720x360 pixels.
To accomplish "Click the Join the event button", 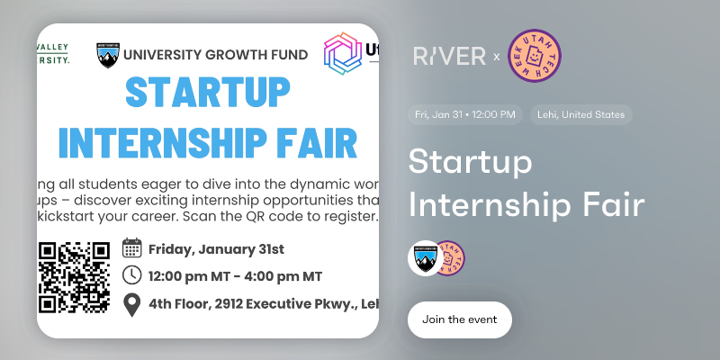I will [x=459, y=319].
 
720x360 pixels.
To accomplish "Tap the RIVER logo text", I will [x=449, y=56].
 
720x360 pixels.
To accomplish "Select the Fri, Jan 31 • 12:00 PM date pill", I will [x=464, y=114].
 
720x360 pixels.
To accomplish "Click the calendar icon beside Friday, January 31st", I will [x=132, y=248].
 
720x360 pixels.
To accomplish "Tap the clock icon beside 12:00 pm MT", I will [x=132, y=275].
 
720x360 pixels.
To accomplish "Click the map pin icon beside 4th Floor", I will [x=132, y=304].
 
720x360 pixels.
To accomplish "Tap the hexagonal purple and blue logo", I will [x=343, y=54].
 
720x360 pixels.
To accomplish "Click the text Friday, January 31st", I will [x=216, y=248].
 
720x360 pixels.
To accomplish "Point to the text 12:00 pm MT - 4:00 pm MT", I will [x=236, y=275].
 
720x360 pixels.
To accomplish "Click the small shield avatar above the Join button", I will [x=425, y=258].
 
